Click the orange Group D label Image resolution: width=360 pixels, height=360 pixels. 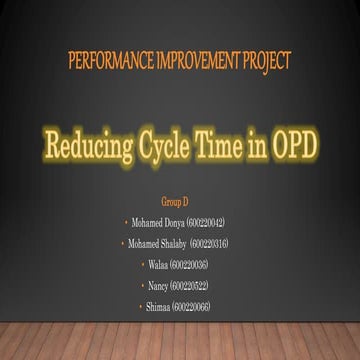(x=175, y=201)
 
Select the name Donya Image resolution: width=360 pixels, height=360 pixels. (x=174, y=222)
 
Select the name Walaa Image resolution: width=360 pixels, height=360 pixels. (x=158, y=265)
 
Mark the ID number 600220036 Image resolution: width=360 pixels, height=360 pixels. (x=191, y=265)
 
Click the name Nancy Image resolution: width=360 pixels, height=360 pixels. (x=158, y=286)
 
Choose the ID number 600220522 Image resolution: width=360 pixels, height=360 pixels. (x=191, y=286)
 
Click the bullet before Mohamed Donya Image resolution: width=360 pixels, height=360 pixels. (x=125, y=222)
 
